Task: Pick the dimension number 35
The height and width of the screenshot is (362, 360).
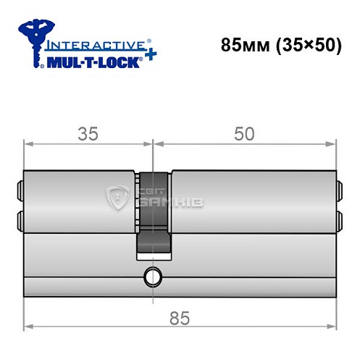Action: click(x=88, y=133)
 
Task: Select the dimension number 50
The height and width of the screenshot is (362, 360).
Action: click(x=245, y=133)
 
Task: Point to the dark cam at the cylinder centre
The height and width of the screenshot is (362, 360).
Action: click(x=153, y=214)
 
